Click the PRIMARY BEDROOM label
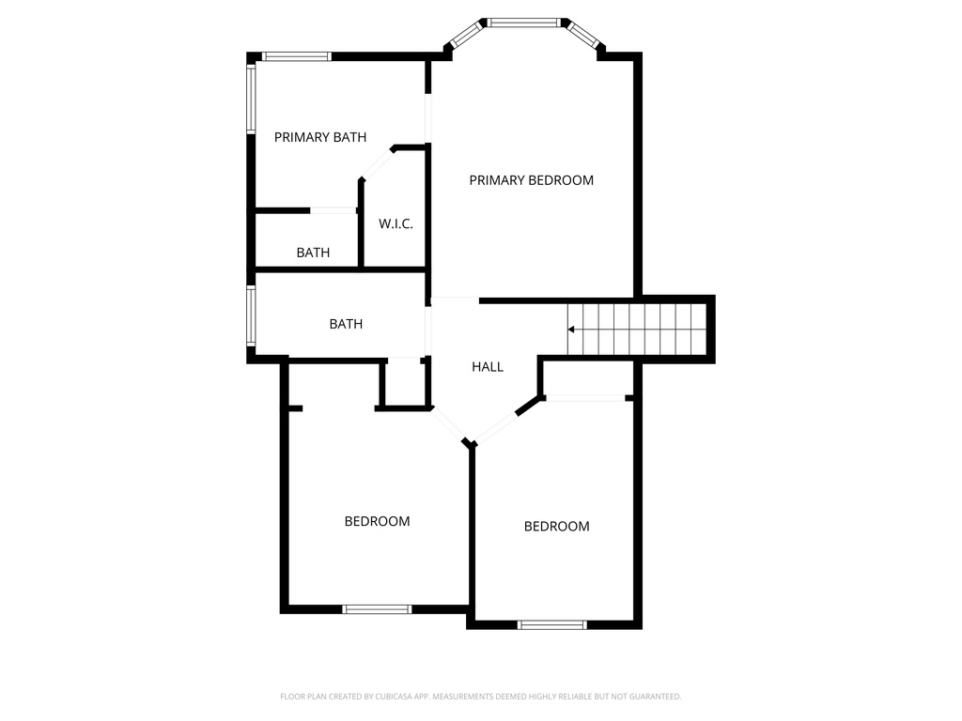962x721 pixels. pyautogui.click(x=531, y=180)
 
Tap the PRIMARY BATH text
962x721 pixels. pyautogui.click(x=319, y=137)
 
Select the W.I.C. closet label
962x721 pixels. pyautogui.click(x=396, y=224)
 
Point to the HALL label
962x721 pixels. pyautogui.click(x=488, y=367)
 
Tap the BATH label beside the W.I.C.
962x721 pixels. pyautogui.click(x=313, y=253)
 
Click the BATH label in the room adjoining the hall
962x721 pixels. pyautogui.click(x=346, y=324)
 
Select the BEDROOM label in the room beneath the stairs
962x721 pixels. pyautogui.click(x=556, y=527)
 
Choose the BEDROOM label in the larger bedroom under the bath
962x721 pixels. pyautogui.click(x=377, y=521)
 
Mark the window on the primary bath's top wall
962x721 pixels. pyautogui.click(x=296, y=56)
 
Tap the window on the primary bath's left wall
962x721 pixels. pyautogui.click(x=251, y=98)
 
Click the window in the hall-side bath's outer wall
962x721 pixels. pyautogui.click(x=251, y=316)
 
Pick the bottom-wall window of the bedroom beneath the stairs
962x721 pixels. pyautogui.click(x=552, y=624)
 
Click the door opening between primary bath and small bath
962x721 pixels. pyautogui.click(x=333, y=210)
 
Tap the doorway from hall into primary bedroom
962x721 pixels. pyautogui.click(x=455, y=300)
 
